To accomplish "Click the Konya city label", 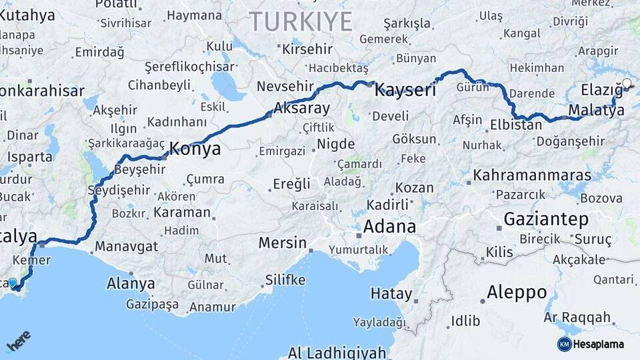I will click(x=195, y=149).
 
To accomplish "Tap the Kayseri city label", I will click(x=405, y=90).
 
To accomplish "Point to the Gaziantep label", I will click(x=546, y=219).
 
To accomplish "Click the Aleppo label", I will click(x=517, y=292).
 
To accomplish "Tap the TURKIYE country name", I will click(x=301, y=22).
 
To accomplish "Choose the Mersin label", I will click(x=282, y=242).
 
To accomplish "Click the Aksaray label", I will click(x=302, y=109).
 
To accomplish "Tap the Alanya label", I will click(x=131, y=283).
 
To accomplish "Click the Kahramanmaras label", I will click(x=532, y=176).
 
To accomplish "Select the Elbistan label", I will click(x=516, y=125).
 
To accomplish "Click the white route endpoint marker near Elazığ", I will click(x=626, y=83).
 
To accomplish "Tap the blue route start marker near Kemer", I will click(x=13, y=283).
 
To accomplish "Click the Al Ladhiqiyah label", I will click(x=337, y=352).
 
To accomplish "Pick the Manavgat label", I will click(x=127, y=247).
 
